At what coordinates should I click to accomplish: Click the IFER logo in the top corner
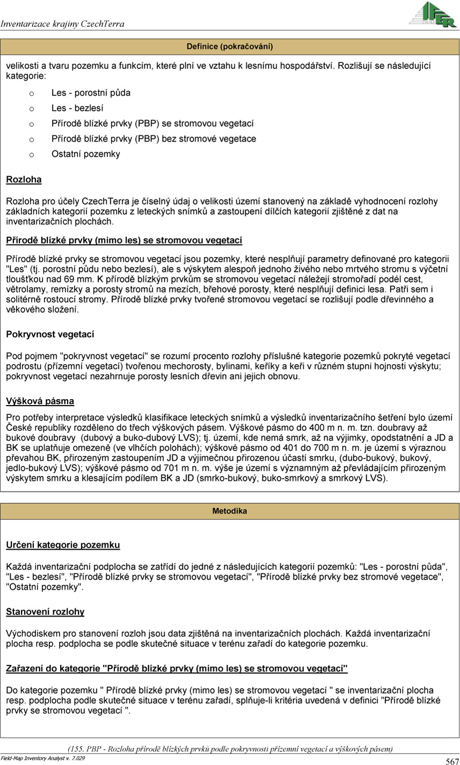point(433,15)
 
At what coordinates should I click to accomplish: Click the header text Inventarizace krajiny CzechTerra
point(63,24)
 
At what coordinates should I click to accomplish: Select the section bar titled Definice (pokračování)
point(230,47)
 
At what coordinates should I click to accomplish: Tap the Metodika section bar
point(230,511)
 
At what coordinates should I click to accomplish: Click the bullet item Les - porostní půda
point(91,92)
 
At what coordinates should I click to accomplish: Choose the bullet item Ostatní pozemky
point(86,154)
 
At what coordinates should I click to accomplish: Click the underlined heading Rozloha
point(24,179)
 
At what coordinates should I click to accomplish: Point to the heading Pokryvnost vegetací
point(50,335)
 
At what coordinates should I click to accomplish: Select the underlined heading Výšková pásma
point(40,401)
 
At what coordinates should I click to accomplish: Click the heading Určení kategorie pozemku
point(63,545)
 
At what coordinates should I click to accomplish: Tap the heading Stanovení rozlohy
point(45,612)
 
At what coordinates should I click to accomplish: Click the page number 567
point(451,761)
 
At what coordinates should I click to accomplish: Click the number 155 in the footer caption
point(76,748)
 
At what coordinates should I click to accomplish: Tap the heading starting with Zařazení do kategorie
point(177,668)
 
